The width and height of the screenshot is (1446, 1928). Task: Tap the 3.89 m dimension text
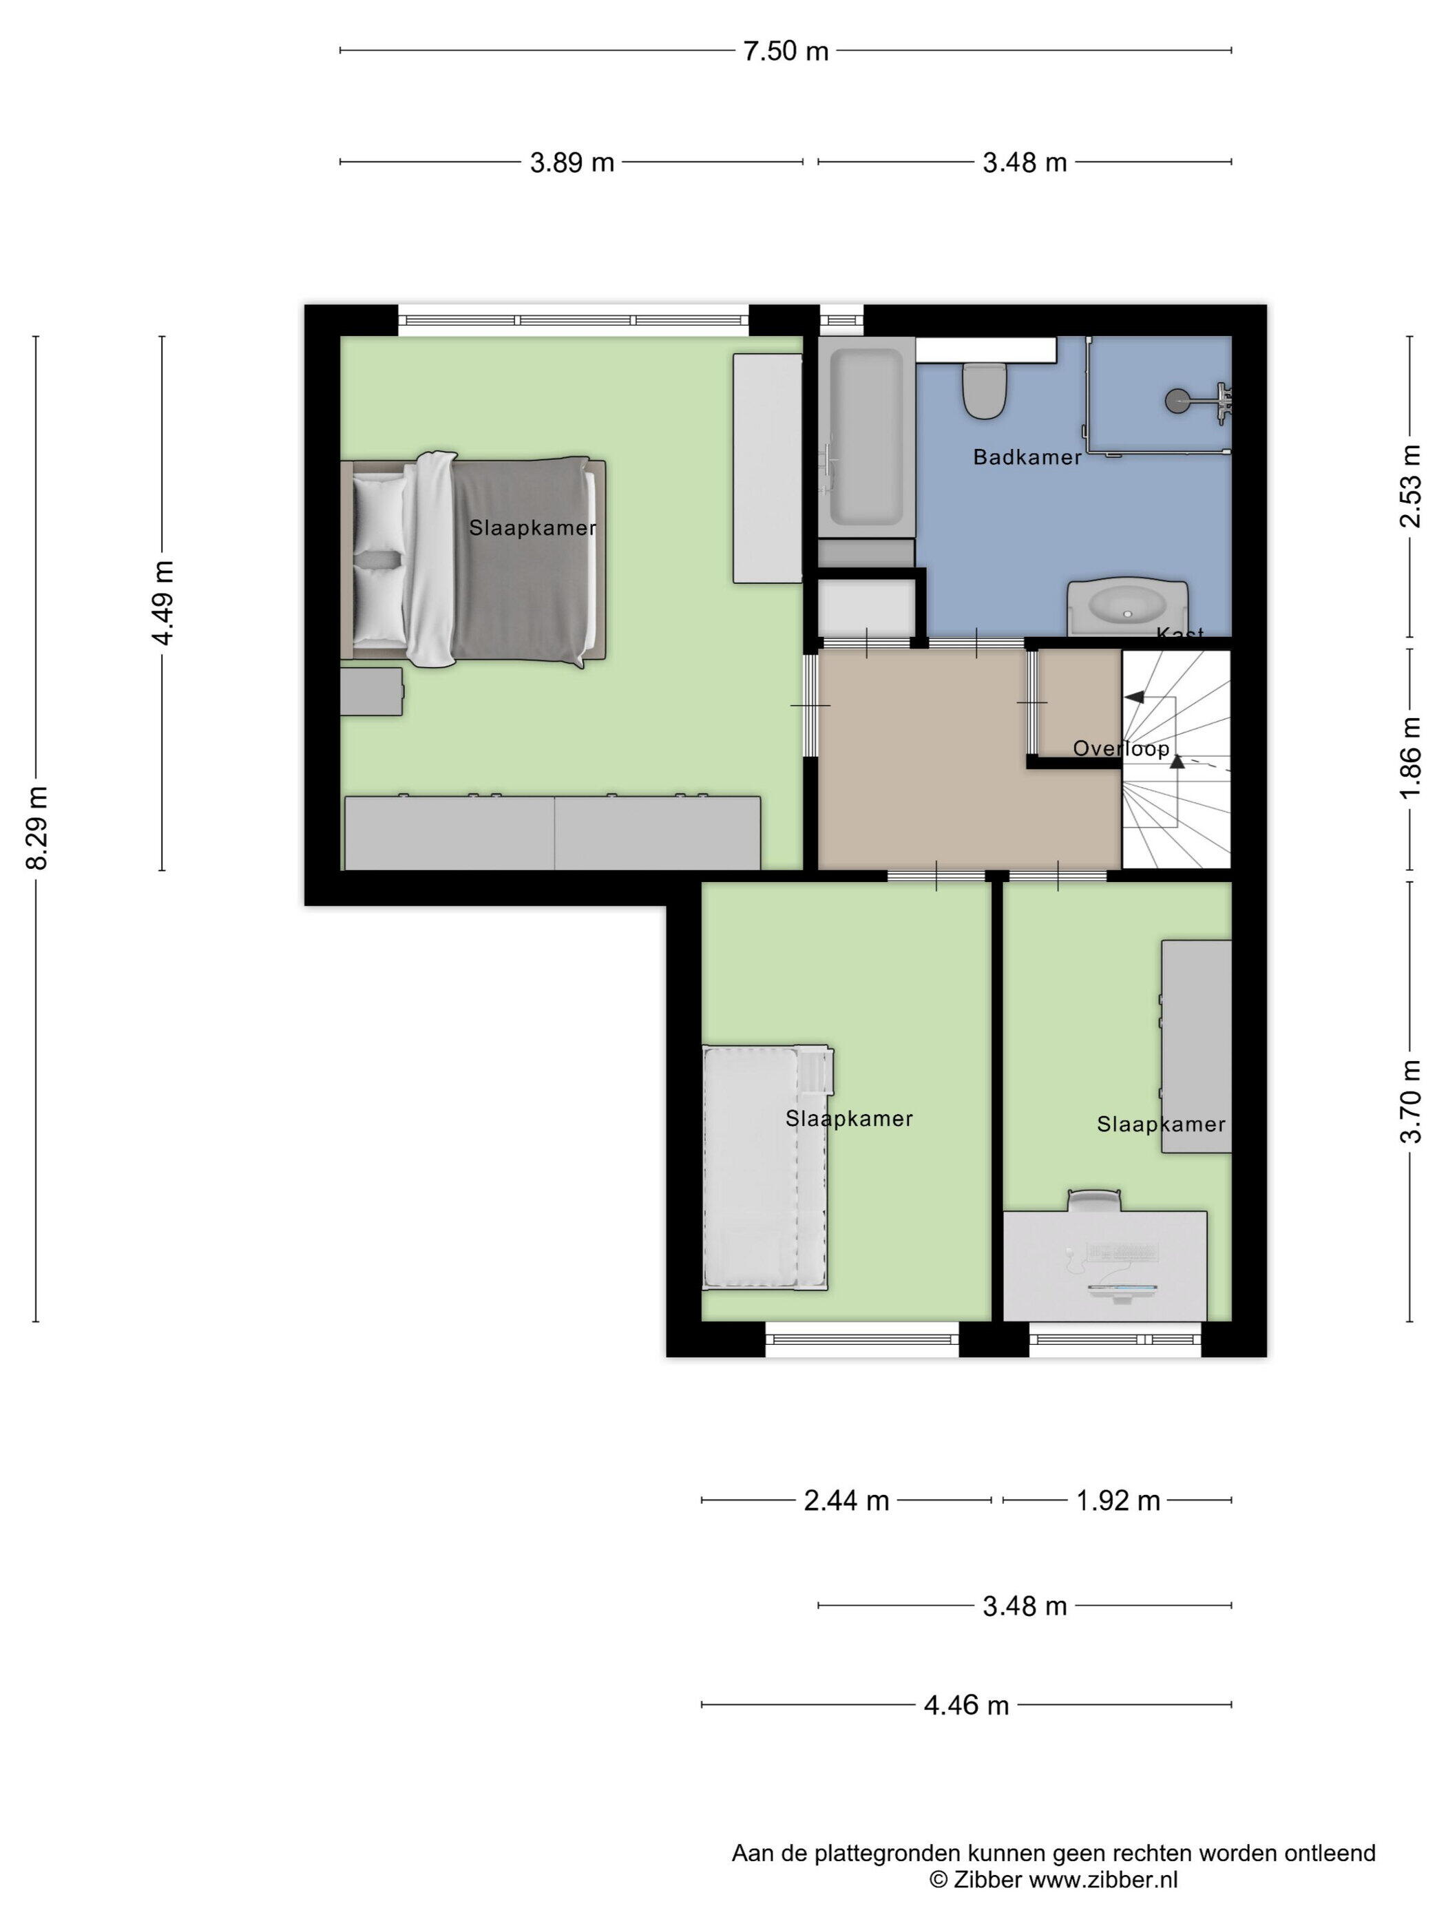pos(572,162)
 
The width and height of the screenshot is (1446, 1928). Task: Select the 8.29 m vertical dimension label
pos(36,826)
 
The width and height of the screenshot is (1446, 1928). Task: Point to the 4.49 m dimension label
pos(163,602)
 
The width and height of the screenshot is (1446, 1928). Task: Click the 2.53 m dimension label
pos(1410,486)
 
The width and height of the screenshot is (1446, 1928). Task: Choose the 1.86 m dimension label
pos(1410,757)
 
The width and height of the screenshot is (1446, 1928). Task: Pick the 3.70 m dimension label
pos(1410,1101)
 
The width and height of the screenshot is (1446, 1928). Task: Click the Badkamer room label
pos(1027,457)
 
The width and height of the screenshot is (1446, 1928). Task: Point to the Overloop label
pos(1121,748)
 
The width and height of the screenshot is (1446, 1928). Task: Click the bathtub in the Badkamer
pos(866,437)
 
